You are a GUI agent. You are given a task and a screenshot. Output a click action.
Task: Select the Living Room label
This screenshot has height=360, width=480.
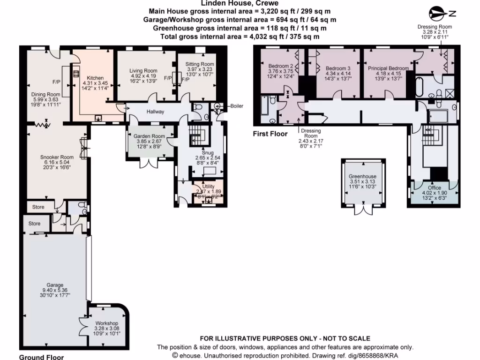pyautogui.click(x=143, y=71)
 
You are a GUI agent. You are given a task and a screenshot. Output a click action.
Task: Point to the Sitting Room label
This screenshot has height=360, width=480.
pyautogui.click(x=200, y=64)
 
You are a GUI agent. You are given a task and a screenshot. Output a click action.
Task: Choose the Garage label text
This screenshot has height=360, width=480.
pyautogui.click(x=55, y=285)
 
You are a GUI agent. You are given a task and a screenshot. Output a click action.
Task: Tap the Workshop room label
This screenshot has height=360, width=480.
pyautogui.click(x=107, y=323)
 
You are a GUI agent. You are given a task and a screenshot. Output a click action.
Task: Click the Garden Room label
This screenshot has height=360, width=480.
pyautogui.click(x=148, y=135)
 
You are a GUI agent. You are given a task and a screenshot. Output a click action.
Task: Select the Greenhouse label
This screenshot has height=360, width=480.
pyautogui.click(x=363, y=177)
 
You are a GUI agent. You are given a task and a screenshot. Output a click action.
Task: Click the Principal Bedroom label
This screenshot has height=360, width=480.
pyautogui.click(x=388, y=68)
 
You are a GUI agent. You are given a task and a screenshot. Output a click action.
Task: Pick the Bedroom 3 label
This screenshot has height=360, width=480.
pyautogui.click(x=338, y=68)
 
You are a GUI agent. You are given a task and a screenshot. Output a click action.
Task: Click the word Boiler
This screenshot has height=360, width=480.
pyautogui.click(x=237, y=106)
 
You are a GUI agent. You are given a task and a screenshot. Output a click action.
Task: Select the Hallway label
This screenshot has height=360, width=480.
pyautogui.click(x=155, y=112)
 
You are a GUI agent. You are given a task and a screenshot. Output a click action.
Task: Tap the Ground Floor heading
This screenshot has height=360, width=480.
pyautogui.click(x=41, y=357)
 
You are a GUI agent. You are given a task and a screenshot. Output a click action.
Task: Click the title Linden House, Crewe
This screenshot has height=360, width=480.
pyautogui.click(x=240, y=3)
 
